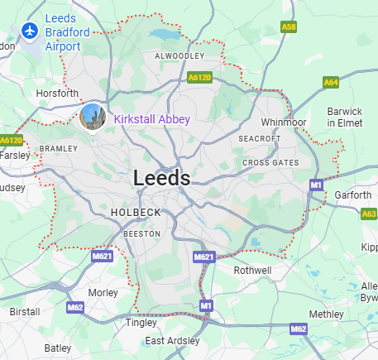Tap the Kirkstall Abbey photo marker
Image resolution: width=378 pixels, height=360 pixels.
pyautogui.click(x=93, y=117)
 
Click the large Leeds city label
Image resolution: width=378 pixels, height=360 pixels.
pyautogui.click(x=161, y=178)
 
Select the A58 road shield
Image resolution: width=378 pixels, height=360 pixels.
pyautogui.click(x=289, y=27)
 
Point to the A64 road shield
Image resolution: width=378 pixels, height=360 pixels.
pyautogui.click(x=331, y=82)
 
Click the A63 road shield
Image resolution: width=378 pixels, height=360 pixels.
pyautogui.click(x=369, y=214)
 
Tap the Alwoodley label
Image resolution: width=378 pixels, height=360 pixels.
pyautogui.click(x=179, y=56)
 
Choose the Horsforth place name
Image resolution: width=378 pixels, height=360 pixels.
pyautogui.click(x=57, y=94)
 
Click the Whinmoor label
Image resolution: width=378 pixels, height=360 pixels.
pyautogui.click(x=284, y=122)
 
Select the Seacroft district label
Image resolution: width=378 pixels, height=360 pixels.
pyautogui.click(x=260, y=138)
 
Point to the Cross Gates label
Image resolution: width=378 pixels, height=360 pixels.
pyautogui.click(x=270, y=163)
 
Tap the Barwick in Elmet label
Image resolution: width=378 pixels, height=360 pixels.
pyautogui.click(x=344, y=117)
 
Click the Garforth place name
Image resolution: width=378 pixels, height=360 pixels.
pyautogui.click(x=353, y=196)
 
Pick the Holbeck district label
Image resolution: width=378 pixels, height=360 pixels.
pyautogui.click(x=136, y=213)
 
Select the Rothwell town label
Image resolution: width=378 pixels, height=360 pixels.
pyautogui.click(x=252, y=270)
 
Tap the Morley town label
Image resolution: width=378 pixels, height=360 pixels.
pyautogui.click(x=103, y=293)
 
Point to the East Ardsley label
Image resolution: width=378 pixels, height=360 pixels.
pyautogui.click(x=172, y=341)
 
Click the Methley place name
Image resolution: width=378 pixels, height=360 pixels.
pyautogui.click(x=326, y=314)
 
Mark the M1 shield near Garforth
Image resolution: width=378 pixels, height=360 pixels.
pyautogui.click(x=315, y=185)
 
